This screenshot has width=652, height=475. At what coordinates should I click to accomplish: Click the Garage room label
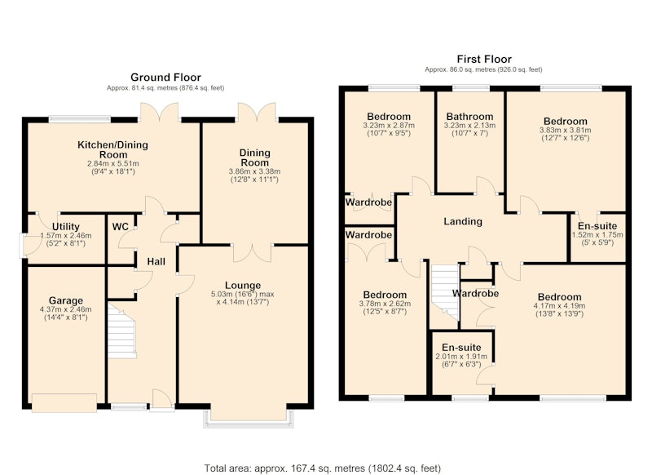[x=66, y=300]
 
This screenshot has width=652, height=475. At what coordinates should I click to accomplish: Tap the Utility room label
[x=66, y=226]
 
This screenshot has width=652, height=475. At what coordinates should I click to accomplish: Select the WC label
[x=121, y=227]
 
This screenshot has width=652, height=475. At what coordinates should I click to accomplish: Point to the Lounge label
[x=243, y=286]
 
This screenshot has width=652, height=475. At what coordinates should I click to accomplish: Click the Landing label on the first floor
[x=463, y=221]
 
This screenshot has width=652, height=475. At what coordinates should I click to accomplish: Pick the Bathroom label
[x=469, y=117]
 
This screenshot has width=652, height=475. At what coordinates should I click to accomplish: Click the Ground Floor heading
[x=165, y=78]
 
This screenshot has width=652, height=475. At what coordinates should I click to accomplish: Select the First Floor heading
[x=484, y=59]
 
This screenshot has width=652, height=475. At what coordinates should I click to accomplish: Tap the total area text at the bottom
[x=322, y=468]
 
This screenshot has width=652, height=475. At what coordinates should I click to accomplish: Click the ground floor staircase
[x=121, y=331]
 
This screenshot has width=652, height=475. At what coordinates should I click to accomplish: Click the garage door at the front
[x=64, y=402]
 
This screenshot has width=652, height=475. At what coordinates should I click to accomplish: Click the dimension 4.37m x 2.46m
[x=66, y=309]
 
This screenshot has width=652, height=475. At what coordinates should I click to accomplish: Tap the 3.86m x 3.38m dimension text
[x=254, y=171]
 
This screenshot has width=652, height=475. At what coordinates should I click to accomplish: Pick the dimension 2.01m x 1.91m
[x=461, y=357]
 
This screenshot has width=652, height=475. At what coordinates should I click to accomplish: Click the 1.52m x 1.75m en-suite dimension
[x=597, y=235]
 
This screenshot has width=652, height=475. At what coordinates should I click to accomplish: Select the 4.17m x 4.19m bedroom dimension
[x=559, y=306]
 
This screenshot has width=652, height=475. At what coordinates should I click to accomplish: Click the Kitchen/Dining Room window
[x=80, y=119]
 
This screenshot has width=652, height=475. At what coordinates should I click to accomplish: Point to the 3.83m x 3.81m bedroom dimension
[x=565, y=130]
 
